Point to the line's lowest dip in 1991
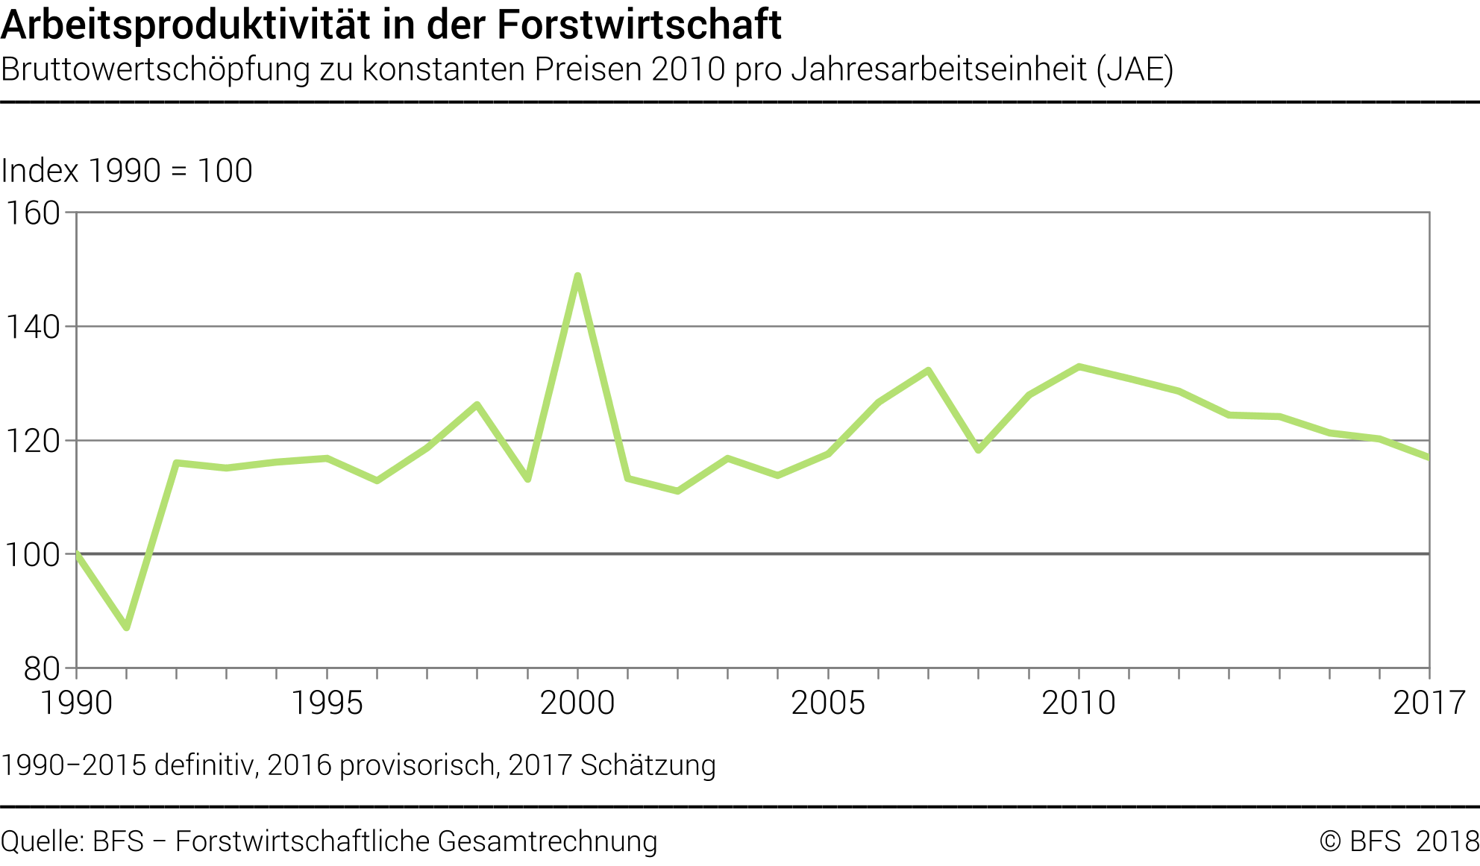pos(127,627)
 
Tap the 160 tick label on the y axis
pos(33,213)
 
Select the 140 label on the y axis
pos(33,327)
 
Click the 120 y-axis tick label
pos(33,441)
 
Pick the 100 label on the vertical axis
pos(33,555)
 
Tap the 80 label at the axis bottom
pos(41,669)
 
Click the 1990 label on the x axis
pos(76,703)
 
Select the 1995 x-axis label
pos(327,703)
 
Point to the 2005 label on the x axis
pos(828,703)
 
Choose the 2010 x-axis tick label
pos(1079,703)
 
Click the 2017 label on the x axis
pos(1429,703)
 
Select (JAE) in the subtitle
pos(1135,69)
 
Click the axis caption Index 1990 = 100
pos(127,171)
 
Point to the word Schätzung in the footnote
pos(647,765)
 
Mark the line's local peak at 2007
pos(929,371)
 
